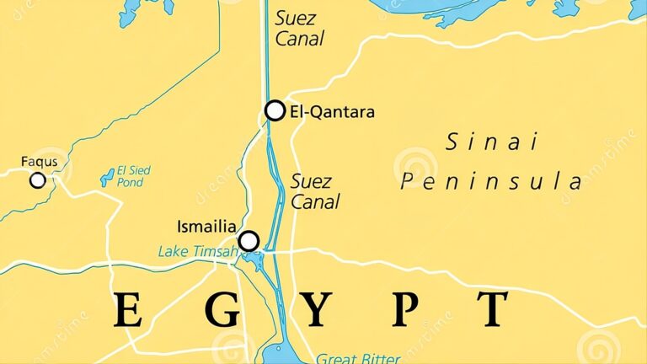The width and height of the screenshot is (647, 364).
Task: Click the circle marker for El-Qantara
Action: tap(275, 110)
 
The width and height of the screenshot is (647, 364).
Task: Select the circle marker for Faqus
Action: tap(37, 180)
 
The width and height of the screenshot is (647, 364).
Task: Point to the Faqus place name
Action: tap(39, 161)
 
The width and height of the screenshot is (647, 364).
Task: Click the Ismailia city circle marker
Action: tap(249, 242)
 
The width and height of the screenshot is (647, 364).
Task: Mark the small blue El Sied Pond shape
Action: tap(107, 177)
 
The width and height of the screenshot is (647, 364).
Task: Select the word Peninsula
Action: tap(491, 182)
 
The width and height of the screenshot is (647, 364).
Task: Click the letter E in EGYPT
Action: tap(128, 310)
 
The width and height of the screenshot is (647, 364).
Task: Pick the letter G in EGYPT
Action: tap(222, 310)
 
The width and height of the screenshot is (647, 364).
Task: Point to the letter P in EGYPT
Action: tap(404, 310)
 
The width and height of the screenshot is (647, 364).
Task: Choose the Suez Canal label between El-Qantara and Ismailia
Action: tap(315, 191)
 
